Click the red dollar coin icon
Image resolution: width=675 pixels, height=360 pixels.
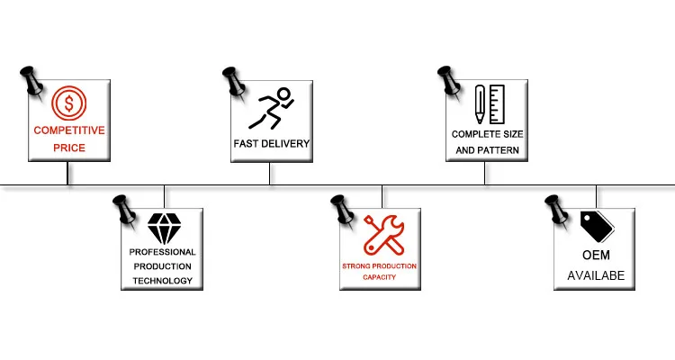click(68, 103)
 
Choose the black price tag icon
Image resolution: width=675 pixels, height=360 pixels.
click(595, 229)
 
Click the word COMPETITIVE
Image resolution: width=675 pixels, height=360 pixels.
click(68, 130)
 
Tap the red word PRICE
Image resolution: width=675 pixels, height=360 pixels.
click(68, 147)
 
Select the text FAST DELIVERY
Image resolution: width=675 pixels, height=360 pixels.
click(271, 144)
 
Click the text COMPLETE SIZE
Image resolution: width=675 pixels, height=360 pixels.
click(486, 133)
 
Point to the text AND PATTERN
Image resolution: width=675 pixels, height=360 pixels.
click(486, 149)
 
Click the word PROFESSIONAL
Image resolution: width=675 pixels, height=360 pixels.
click(163, 253)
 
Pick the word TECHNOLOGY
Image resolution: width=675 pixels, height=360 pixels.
click(163, 281)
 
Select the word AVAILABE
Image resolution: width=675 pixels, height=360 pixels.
click(595, 276)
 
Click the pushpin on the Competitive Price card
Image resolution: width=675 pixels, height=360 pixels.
click(32, 80)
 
